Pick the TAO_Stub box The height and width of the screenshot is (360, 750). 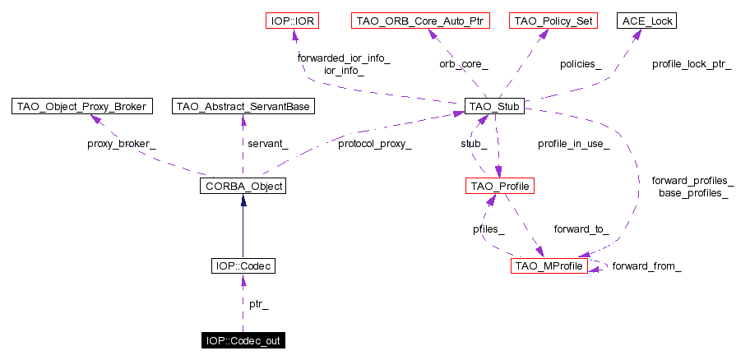[494, 106]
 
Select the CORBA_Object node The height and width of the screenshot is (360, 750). [242, 187]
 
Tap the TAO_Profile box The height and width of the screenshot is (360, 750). [500, 187]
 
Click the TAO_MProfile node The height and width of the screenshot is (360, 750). [549, 266]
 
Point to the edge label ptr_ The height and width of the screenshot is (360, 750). [258, 304]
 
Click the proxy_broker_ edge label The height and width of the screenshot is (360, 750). [121, 144]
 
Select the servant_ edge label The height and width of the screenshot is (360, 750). [268, 144]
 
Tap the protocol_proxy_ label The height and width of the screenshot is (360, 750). [374, 144]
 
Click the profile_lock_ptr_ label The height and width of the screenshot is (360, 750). [692, 63]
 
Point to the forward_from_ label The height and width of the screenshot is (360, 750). [646, 266]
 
